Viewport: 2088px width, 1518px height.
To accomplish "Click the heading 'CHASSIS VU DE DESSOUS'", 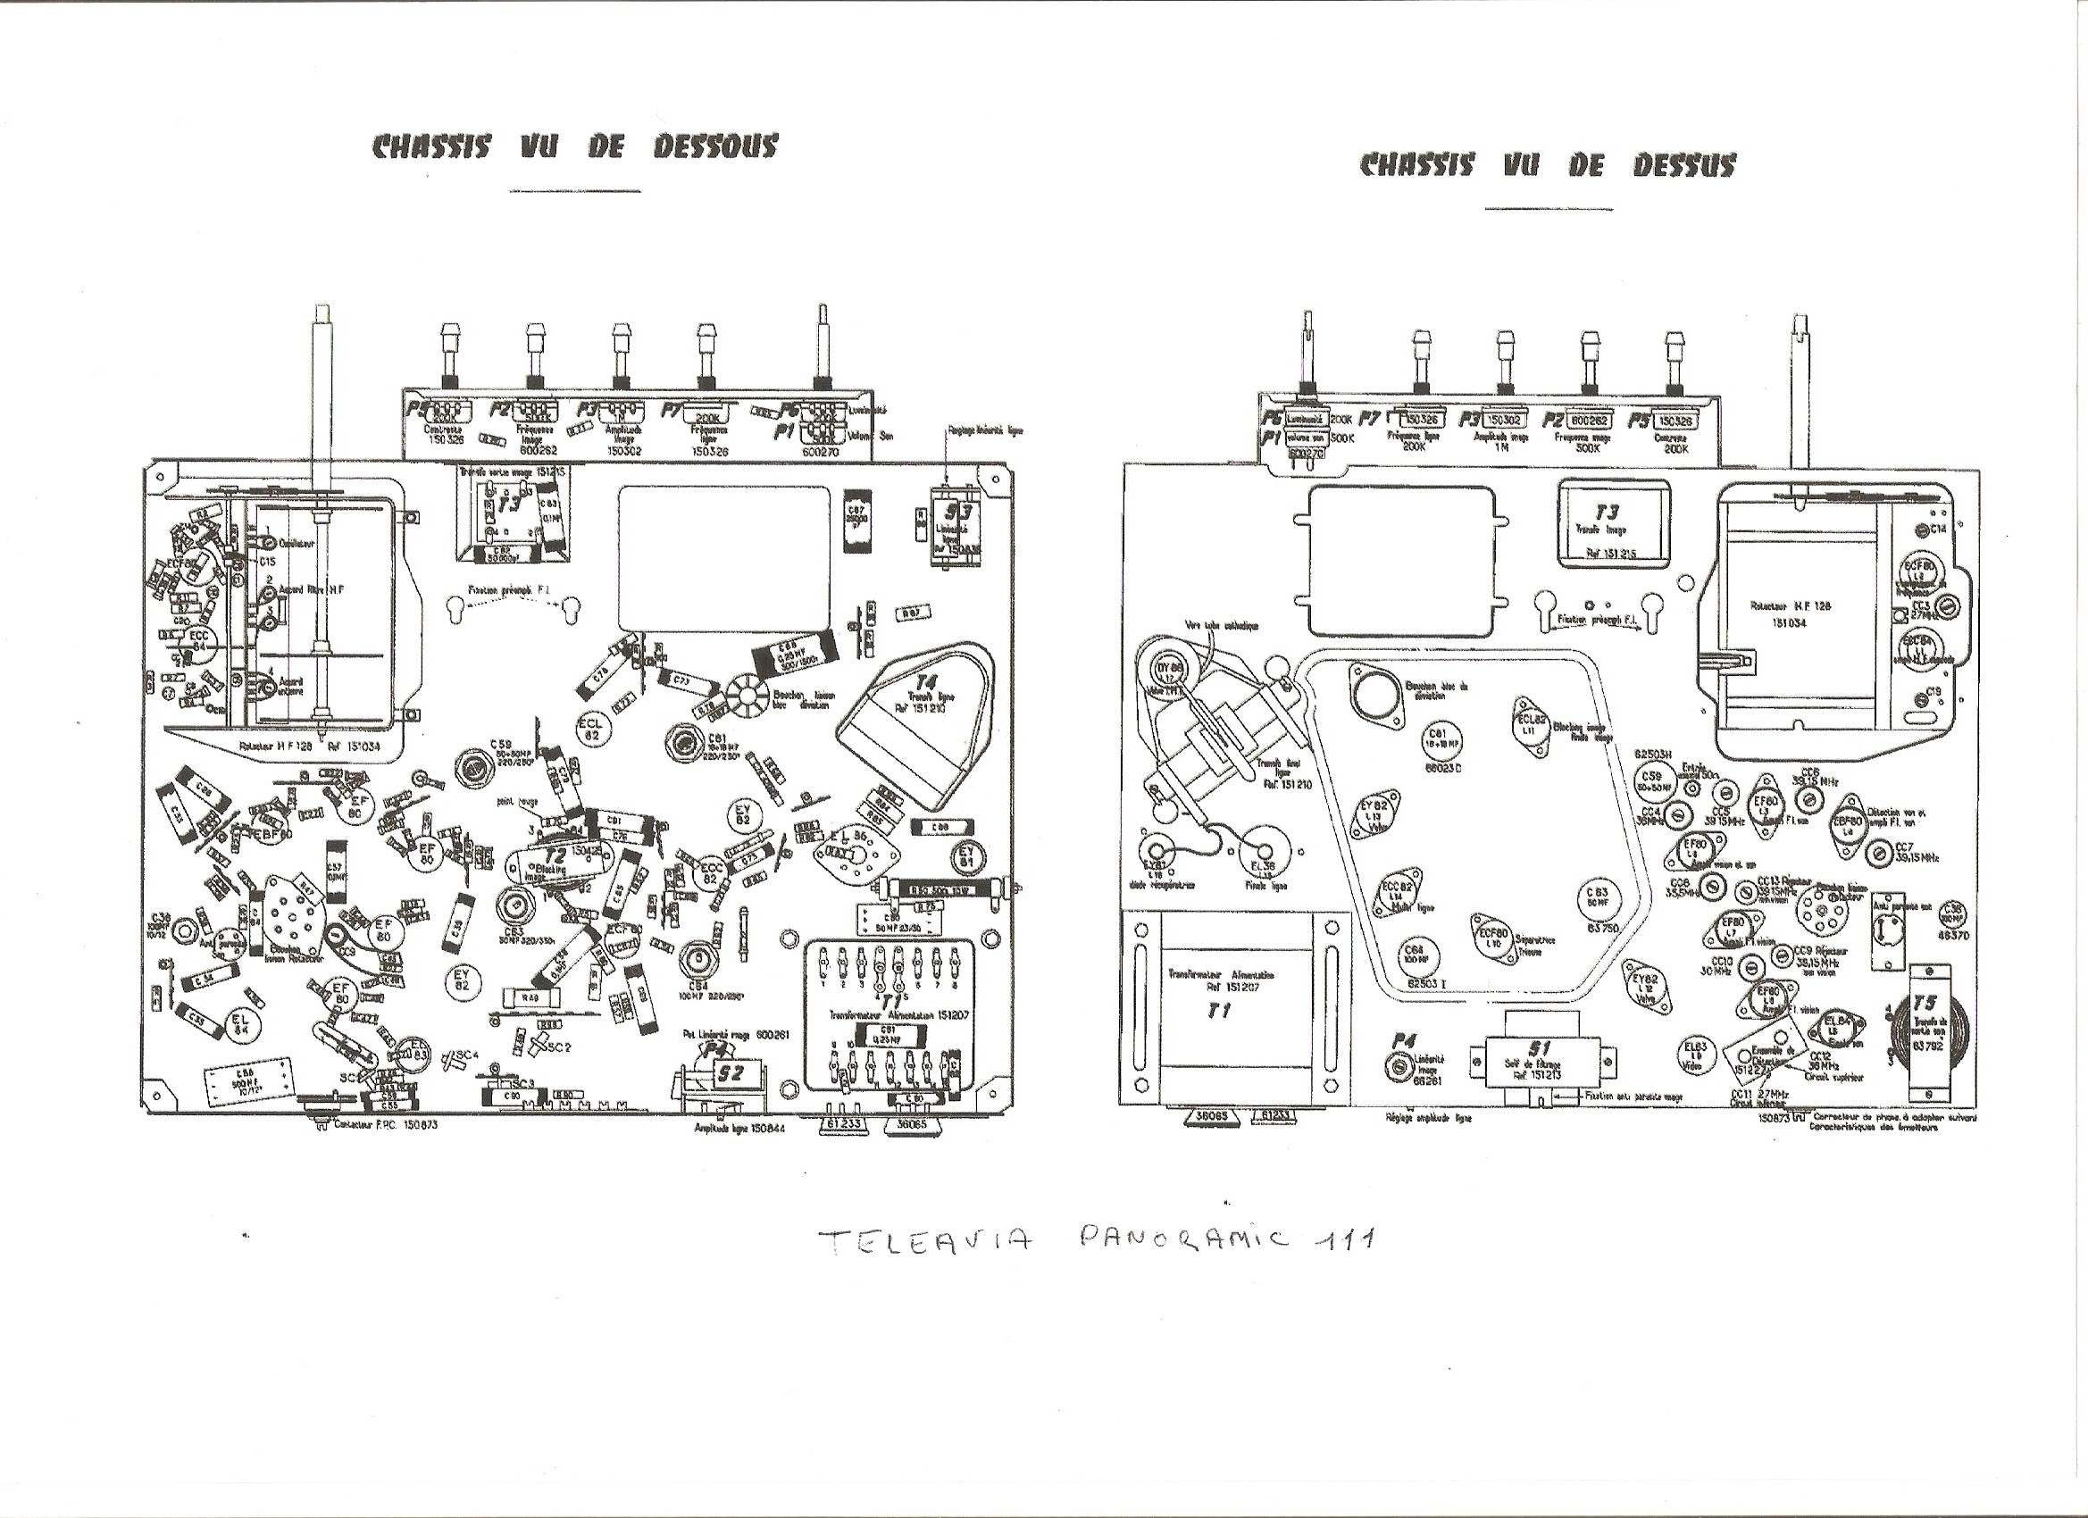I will pyautogui.click(x=574, y=147).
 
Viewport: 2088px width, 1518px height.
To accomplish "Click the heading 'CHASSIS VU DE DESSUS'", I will pyautogui.click(x=1548, y=166).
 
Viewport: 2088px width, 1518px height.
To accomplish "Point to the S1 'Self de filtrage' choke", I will pyautogui.click(x=1541, y=1059).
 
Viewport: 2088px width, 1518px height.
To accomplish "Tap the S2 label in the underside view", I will pyautogui.click(x=731, y=1073).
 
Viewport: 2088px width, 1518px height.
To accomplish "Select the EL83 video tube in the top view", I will pyautogui.click(x=1695, y=1055).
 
